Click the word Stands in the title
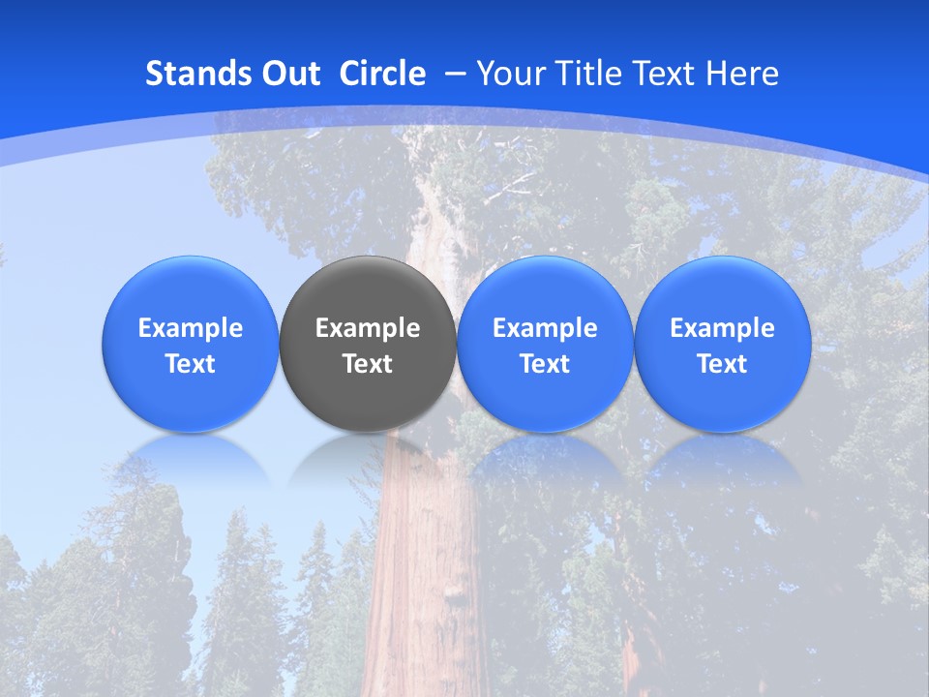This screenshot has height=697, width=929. pos(197,74)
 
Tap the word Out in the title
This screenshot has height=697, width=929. pos(290,74)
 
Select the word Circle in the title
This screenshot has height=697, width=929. pos(382,74)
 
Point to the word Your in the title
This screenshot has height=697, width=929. pos(508,74)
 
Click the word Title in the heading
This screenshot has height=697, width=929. pos(582,74)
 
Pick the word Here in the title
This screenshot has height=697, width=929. pos(743,74)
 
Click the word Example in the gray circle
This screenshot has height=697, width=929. pos(368,328)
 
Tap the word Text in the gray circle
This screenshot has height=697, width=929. pos(368,364)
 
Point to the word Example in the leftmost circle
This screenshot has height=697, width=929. pos(191,328)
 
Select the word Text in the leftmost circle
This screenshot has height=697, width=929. pos(191,364)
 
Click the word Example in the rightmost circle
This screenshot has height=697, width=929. pos(722,328)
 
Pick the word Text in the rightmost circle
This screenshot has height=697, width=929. pos(722,364)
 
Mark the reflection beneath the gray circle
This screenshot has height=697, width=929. pos(368,457)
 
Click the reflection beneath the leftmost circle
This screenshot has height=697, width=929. pos(191,457)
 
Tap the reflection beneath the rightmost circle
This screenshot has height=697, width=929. pos(722,457)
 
